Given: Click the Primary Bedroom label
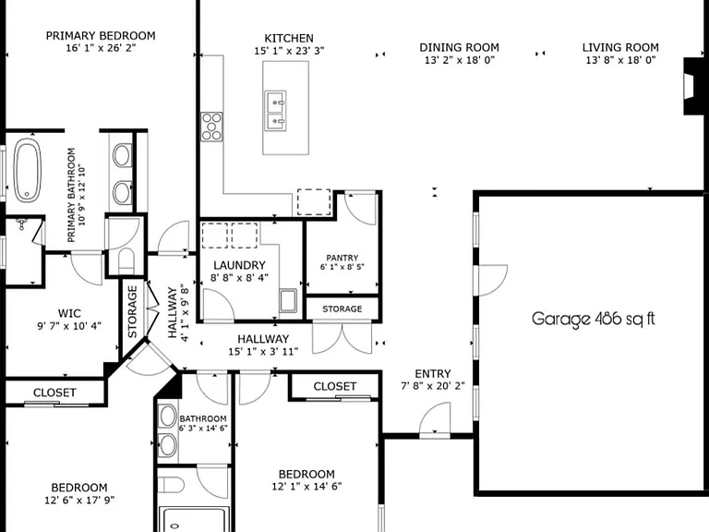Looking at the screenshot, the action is pos(101,36).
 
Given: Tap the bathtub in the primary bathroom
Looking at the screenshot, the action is pos(27,171).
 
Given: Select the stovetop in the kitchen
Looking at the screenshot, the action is pos(211,127).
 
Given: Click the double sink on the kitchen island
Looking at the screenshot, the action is pos(275,111).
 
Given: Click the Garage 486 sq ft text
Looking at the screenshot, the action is pos(594,319).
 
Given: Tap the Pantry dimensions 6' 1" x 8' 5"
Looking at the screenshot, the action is pos(342,267).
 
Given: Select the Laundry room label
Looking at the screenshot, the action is pos(239,265).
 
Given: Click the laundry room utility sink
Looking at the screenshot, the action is pos(288,300).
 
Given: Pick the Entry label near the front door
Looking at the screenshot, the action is pos(433,374).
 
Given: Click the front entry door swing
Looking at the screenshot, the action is pos(435,419).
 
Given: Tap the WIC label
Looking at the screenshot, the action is pos(69,313).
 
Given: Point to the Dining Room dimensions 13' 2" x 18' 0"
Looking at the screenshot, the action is pos(460,60).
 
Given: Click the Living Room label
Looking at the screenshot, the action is pos(620,47).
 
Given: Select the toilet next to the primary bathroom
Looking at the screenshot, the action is pos(126,261).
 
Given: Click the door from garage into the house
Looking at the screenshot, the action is pos(490,281).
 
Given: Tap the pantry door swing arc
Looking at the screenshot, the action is pos(360,209).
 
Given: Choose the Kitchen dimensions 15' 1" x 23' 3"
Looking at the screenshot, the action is pos(289,51).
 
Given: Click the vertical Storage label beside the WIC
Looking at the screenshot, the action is pos(133,311).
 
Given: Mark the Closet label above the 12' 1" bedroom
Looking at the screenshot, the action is pos(335,386).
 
